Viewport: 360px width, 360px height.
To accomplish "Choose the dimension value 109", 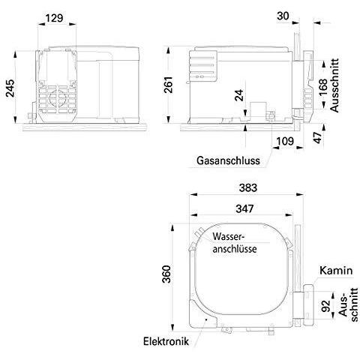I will coord(284,141).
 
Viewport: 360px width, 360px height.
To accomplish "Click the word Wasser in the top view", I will coord(229,235).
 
